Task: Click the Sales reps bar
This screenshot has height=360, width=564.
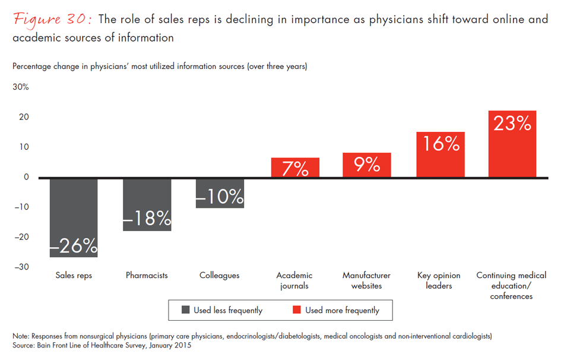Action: (x=74, y=217)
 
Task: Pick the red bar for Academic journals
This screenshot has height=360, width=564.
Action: (x=295, y=168)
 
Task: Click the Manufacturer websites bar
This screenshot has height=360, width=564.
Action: (x=366, y=165)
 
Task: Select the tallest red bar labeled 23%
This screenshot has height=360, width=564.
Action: (x=512, y=144)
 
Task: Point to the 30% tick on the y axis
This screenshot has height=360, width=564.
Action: (x=21, y=87)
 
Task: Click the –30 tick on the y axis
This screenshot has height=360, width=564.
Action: (x=21, y=267)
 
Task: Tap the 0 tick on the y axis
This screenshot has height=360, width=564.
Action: (x=26, y=177)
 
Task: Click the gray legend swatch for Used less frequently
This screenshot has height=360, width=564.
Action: (x=185, y=310)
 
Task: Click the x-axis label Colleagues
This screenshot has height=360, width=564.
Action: (x=220, y=276)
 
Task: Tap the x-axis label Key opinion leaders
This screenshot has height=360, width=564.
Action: (x=439, y=280)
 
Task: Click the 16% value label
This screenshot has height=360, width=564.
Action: (x=440, y=144)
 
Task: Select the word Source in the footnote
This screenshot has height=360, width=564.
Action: (x=24, y=345)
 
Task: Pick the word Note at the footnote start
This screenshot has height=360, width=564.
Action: (x=21, y=336)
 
